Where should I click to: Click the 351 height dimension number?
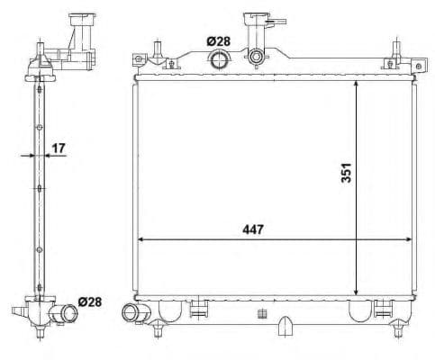point(345,173)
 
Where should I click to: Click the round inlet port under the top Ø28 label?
point(219,60)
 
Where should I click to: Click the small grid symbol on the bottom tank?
point(261,314)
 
